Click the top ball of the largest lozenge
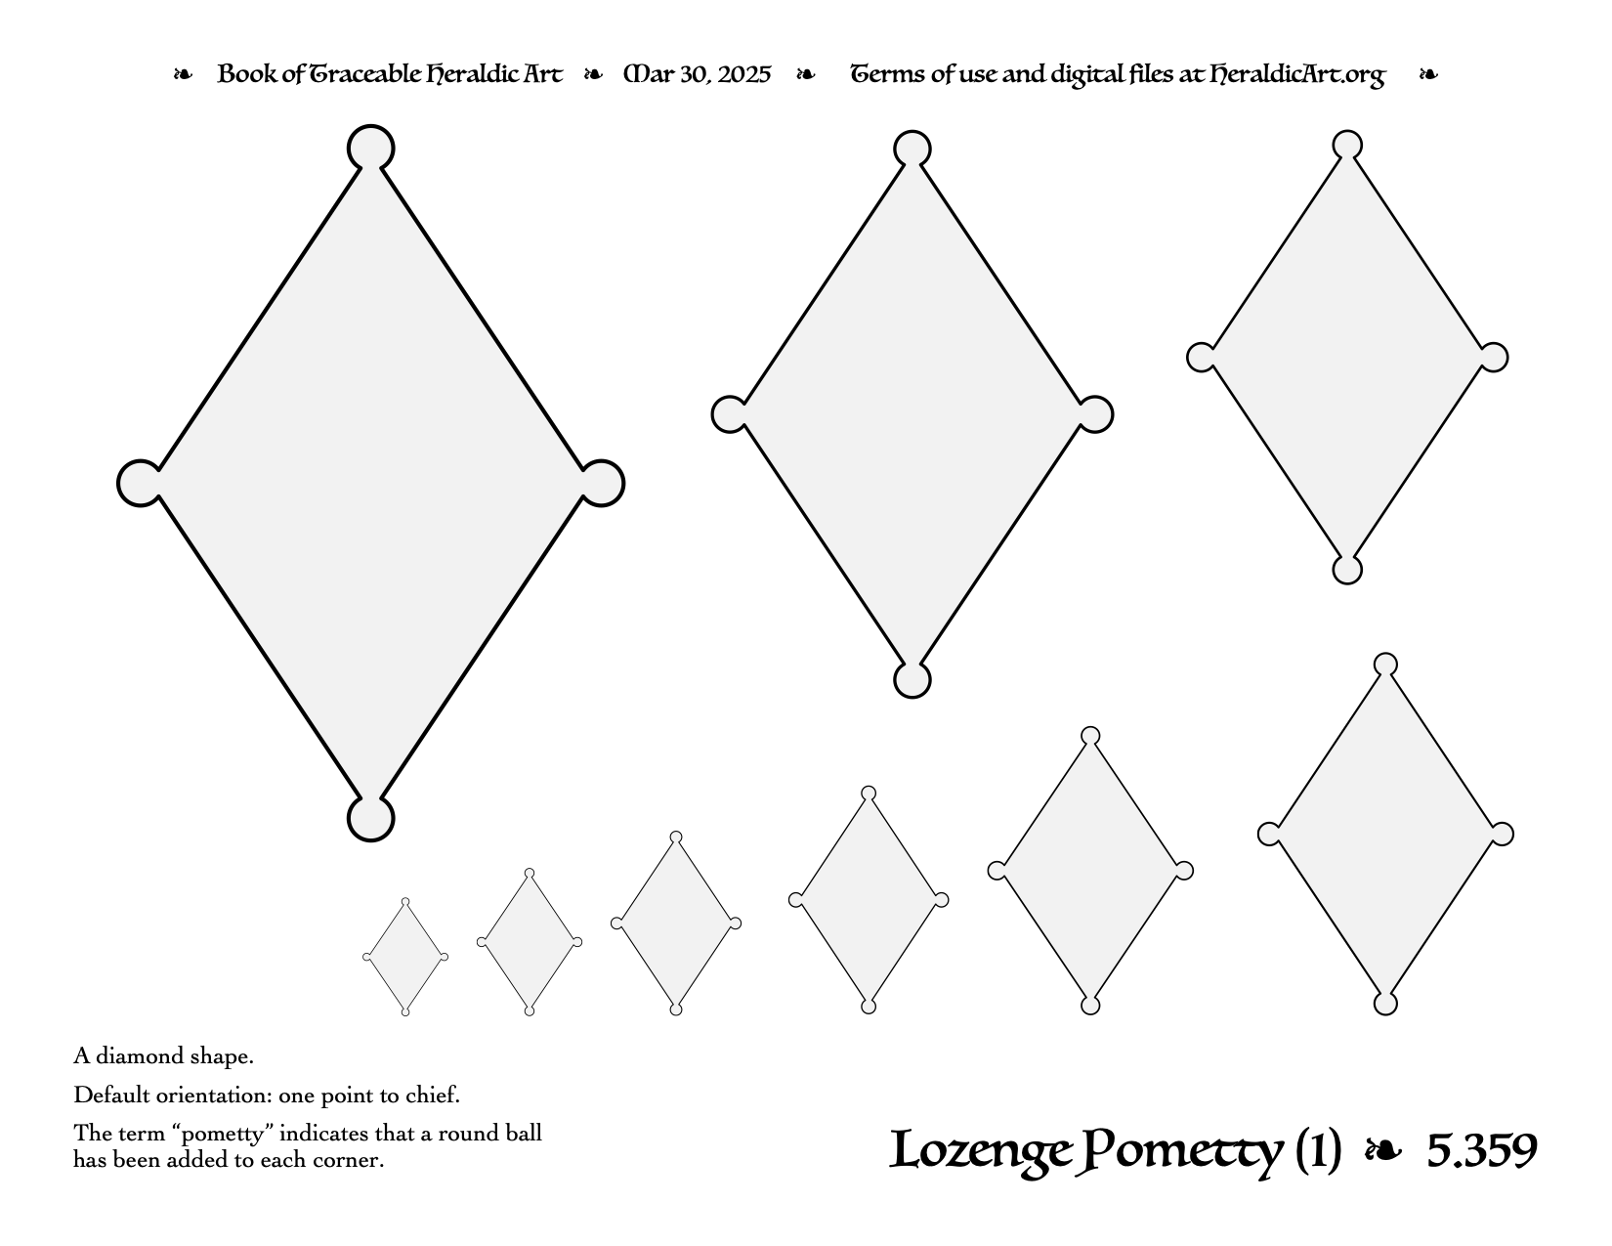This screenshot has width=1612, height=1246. coord(370,148)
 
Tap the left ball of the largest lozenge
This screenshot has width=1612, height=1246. coord(141,483)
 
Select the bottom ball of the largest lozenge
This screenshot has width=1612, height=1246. coord(370,819)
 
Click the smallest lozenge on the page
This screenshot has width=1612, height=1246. coord(405,957)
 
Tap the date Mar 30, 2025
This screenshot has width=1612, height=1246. coord(697,74)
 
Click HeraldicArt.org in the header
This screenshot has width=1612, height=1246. coord(1297,75)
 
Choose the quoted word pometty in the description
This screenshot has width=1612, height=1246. coord(224,1135)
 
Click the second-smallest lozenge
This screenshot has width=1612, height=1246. coord(529,942)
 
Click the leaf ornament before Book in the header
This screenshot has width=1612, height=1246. coord(183,74)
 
